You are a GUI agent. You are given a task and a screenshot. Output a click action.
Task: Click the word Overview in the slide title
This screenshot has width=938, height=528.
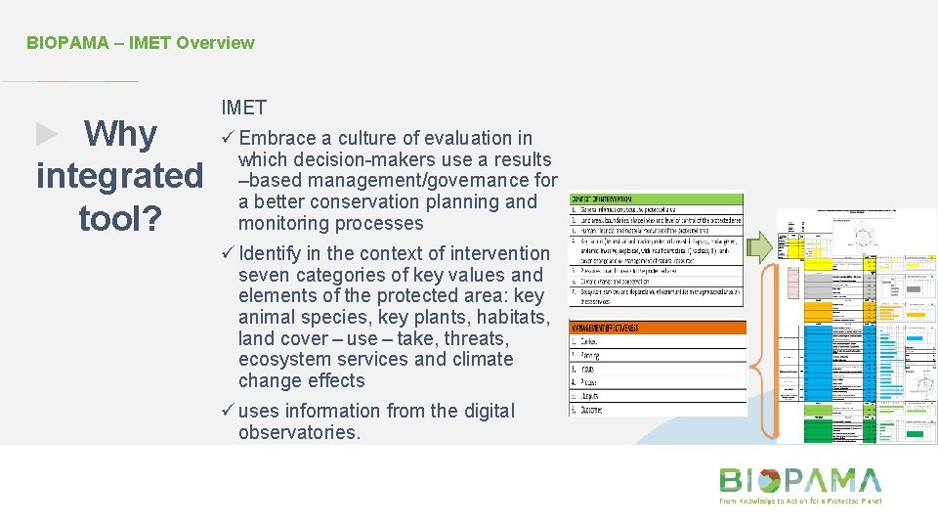(x=215, y=43)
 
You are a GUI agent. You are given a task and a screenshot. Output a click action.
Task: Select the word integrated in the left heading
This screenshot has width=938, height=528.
(x=119, y=176)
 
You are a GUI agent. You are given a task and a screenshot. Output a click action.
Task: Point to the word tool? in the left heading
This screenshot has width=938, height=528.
(x=120, y=219)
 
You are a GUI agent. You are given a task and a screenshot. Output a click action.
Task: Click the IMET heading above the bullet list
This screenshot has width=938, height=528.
(x=243, y=108)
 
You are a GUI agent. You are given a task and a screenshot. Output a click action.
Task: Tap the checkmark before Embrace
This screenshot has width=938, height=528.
(x=228, y=139)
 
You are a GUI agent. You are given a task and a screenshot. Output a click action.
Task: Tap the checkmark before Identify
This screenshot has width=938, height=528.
(x=228, y=253)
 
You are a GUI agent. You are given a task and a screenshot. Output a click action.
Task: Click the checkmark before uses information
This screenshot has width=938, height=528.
(x=228, y=412)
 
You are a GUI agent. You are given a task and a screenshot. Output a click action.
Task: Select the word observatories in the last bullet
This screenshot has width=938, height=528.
(x=298, y=432)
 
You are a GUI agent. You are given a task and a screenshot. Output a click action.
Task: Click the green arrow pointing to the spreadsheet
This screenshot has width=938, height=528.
(x=762, y=250)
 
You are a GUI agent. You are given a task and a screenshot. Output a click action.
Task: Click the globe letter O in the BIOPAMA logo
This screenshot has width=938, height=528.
(x=769, y=480)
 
